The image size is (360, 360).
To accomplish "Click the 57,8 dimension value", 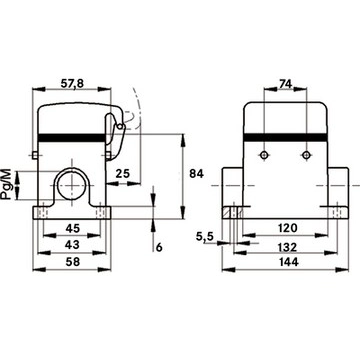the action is [71, 84].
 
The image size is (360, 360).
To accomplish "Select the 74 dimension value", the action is [285, 84].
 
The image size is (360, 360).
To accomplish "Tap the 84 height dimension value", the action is [196, 173].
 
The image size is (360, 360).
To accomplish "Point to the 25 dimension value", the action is [123, 173].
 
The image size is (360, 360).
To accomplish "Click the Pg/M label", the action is [6, 184].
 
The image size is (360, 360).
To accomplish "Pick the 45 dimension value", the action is [72, 228].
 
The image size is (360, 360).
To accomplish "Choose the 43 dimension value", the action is [72, 245].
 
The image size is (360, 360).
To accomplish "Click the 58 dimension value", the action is [72, 262].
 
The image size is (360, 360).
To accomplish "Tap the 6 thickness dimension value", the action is [159, 247].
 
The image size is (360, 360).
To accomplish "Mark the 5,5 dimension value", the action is [205, 237].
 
